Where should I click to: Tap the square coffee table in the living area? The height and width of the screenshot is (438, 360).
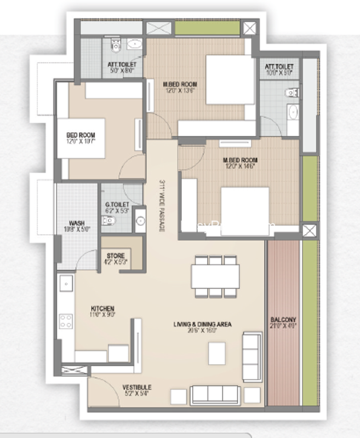tap(216, 353)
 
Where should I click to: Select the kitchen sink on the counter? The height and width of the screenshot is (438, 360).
tap(66, 284)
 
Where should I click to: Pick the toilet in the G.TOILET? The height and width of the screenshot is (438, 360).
tap(110, 221)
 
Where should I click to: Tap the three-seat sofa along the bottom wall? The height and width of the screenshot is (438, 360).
tap(214, 395)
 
